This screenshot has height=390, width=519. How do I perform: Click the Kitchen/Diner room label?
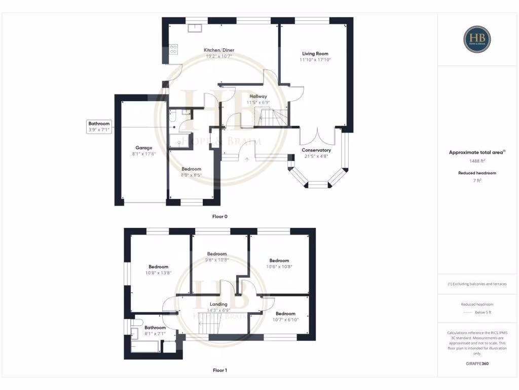219,50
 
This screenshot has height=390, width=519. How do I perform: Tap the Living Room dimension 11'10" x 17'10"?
315,60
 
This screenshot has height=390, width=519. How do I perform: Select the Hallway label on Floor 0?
258,96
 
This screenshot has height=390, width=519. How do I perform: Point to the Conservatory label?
316,150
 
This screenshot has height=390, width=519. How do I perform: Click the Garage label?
143,148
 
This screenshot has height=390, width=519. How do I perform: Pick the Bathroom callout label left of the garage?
99,123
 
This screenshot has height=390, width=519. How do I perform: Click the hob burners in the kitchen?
173,49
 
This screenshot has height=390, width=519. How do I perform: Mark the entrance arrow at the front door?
247,159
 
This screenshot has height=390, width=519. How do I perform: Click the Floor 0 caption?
219,216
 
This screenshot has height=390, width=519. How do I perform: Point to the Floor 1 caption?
219,370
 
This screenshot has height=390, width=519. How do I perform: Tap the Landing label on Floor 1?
218,304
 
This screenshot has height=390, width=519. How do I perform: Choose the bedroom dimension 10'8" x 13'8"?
159,273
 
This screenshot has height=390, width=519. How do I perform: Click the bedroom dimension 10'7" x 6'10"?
285,319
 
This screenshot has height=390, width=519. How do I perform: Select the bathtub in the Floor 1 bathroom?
144,347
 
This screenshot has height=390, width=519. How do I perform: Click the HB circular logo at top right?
477,39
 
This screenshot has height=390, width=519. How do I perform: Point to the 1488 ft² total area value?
477,160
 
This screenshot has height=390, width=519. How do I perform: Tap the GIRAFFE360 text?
477,364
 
